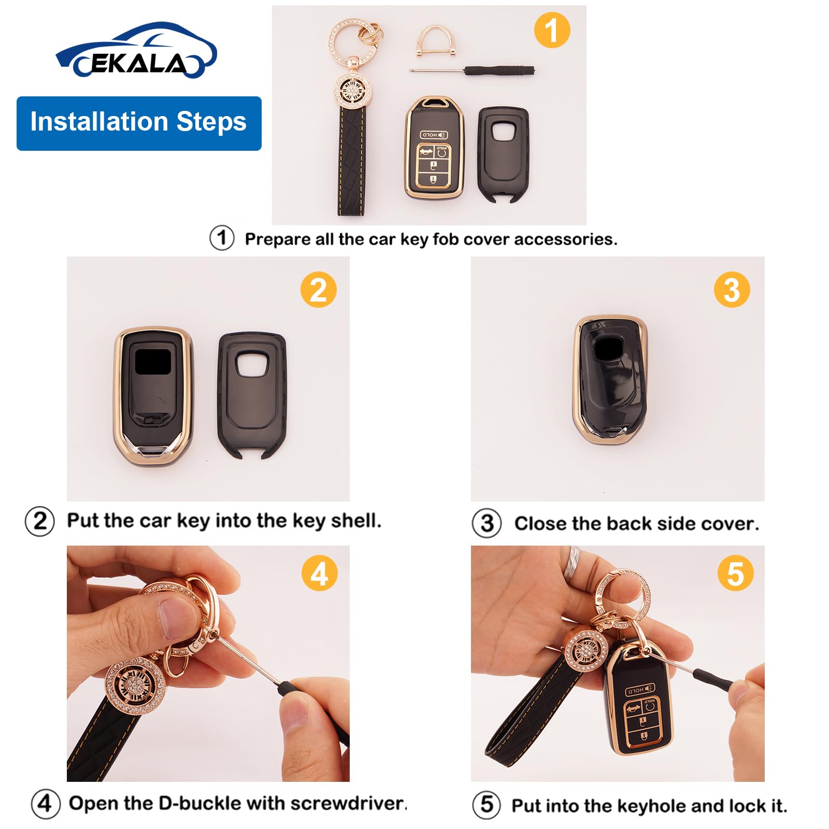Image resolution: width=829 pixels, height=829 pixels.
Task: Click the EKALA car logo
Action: click(136, 52)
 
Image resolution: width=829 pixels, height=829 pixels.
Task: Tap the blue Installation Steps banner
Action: click(138, 123)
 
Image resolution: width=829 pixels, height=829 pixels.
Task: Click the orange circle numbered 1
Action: click(552, 30)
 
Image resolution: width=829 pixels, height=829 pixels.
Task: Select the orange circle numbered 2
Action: click(318, 289)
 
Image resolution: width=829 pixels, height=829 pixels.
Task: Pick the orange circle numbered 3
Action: click(732, 289)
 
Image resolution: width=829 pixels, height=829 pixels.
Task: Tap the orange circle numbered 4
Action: click(319, 574)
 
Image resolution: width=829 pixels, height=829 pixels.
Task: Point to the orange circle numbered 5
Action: click(735, 574)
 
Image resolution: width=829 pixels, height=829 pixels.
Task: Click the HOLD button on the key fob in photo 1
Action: click(434, 135)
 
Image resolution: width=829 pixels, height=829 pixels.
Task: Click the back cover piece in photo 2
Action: click(252, 394)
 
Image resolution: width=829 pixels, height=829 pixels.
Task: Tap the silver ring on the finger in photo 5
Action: click(576, 559)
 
